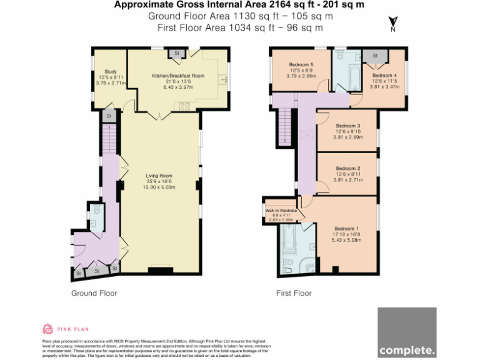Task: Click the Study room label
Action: point(111,71)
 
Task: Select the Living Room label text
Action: point(159,176)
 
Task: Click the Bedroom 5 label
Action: point(301,65)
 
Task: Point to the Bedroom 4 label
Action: point(384,75)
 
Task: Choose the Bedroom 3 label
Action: point(347,125)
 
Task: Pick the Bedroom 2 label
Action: point(347,168)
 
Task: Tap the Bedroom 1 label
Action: point(346,228)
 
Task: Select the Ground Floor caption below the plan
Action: point(94,293)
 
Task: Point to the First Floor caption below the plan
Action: point(294,293)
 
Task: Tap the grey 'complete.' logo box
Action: point(407,332)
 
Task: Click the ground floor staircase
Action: point(109,137)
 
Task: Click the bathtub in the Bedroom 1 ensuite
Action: point(291,242)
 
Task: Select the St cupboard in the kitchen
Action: point(177,54)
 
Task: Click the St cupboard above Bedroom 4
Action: point(376,55)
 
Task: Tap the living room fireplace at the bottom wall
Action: point(160,270)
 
